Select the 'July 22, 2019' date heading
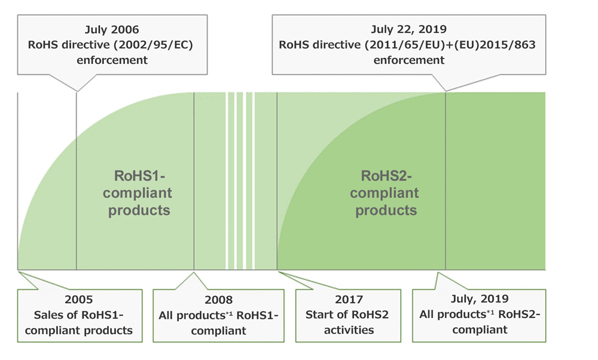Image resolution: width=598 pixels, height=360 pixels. (x=409, y=28)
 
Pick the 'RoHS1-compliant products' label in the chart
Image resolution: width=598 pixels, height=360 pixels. (x=143, y=193)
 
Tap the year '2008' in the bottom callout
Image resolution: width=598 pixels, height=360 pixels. (x=218, y=299)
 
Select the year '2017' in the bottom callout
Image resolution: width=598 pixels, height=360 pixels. (x=348, y=299)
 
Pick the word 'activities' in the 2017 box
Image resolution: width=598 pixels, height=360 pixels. (x=348, y=330)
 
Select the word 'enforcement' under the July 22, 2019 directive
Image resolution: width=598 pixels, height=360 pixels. (x=409, y=60)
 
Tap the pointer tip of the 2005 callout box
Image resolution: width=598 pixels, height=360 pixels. (x=20, y=273)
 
